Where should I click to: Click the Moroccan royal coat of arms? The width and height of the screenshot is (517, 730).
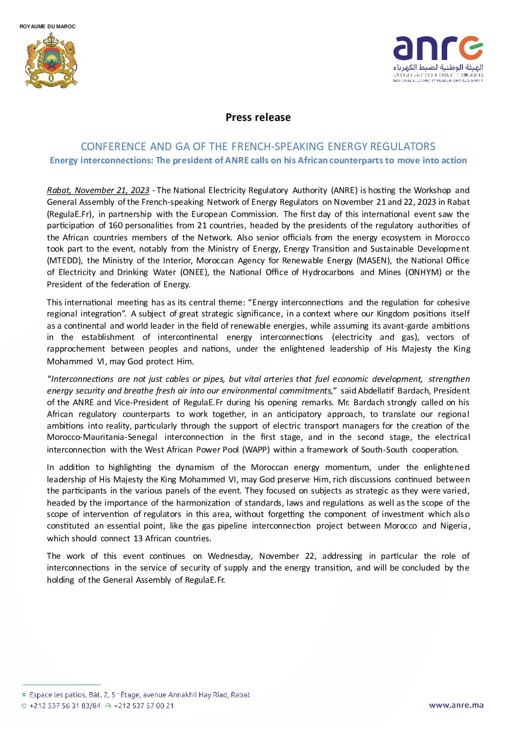[x=51, y=61]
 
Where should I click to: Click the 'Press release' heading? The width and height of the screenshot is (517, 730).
[x=258, y=118]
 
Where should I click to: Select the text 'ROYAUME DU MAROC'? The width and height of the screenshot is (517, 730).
[x=47, y=26]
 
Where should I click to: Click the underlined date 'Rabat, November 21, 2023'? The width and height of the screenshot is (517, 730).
[x=98, y=190]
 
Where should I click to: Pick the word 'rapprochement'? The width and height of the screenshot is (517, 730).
[x=76, y=349]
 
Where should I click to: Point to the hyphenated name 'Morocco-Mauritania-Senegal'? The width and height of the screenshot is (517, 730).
[x=102, y=437]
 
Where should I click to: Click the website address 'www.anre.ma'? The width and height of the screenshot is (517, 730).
[x=456, y=705]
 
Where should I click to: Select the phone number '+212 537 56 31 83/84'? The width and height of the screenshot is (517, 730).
[x=64, y=706]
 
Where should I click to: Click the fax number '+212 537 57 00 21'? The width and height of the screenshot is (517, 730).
[x=144, y=706]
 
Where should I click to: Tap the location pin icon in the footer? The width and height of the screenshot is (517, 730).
[x=24, y=694]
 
